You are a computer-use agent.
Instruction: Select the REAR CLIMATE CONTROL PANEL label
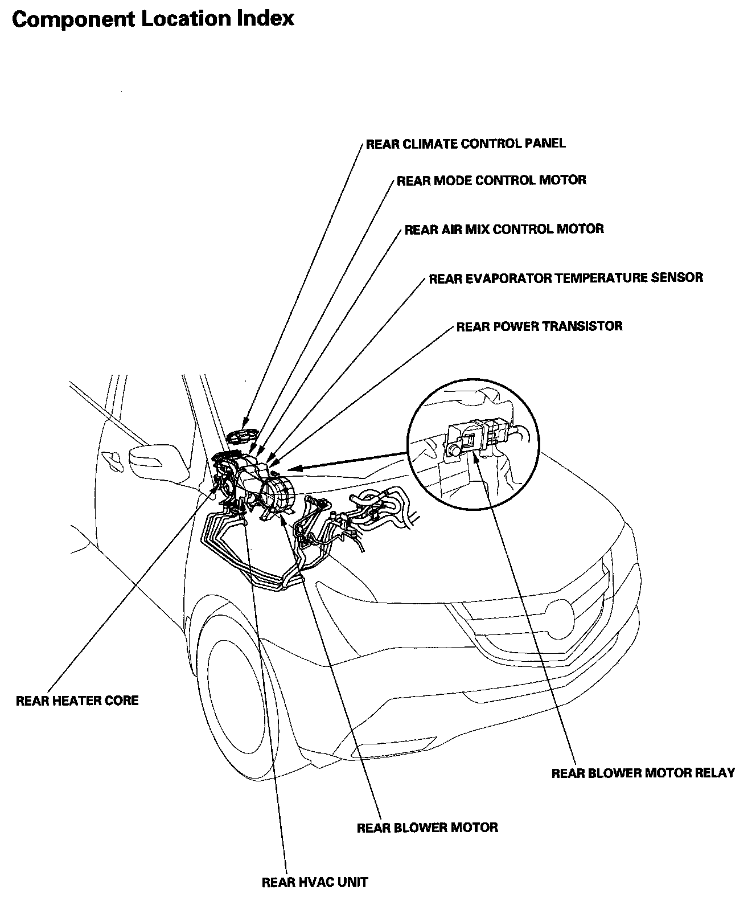coord(466,144)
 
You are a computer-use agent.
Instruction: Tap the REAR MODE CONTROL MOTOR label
coord(491,181)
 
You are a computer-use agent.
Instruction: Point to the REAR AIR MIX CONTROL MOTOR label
coord(504,229)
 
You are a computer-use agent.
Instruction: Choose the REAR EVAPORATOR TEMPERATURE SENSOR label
coord(566,278)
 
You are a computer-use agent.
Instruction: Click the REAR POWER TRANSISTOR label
coord(539,326)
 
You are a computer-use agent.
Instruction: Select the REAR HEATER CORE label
coord(77,700)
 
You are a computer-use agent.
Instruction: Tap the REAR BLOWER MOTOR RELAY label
coord(643,773)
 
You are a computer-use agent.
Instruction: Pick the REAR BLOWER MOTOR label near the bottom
coord(427,827)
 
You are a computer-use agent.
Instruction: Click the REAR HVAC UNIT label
coord(315,882)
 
